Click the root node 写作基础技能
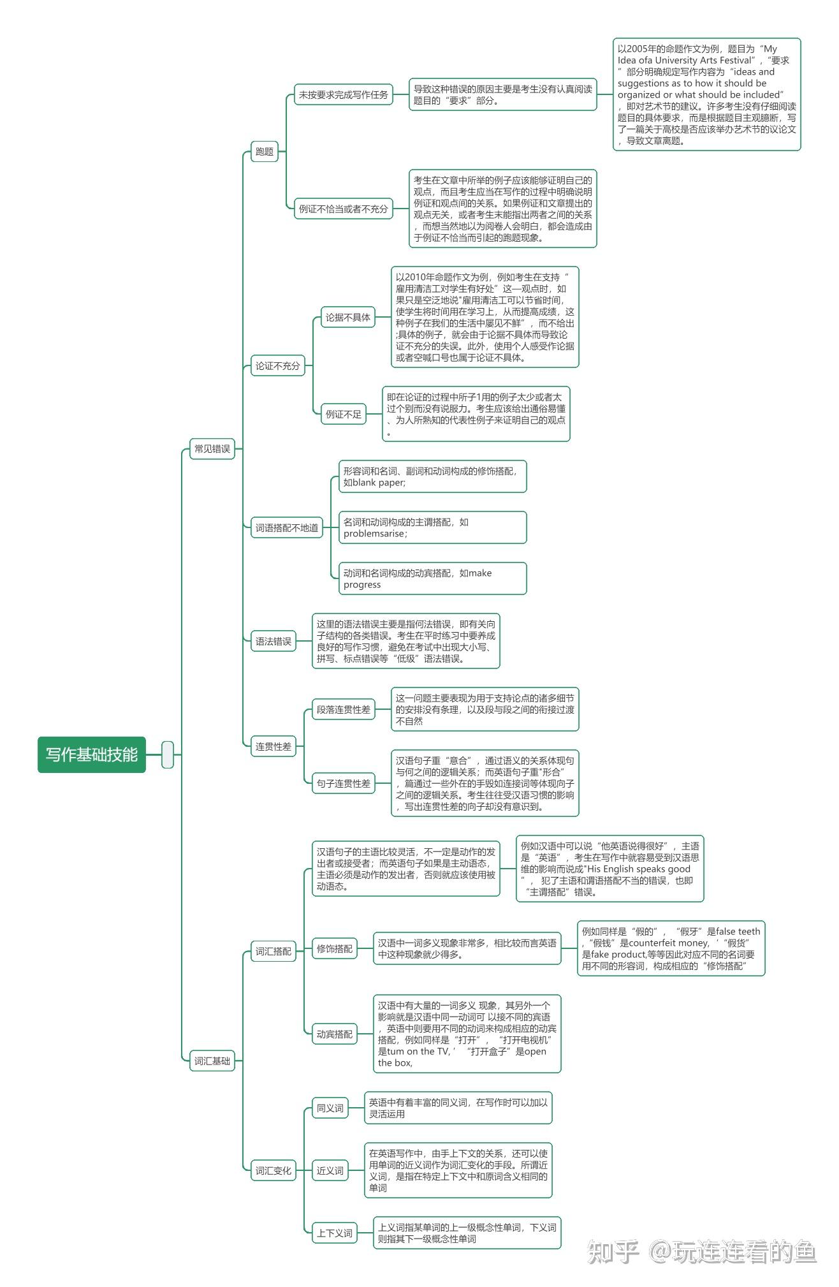[x=92, y=754]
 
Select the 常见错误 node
[x=212, y=449]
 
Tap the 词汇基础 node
[x=212, y=1061]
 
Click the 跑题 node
[x=265, y=151]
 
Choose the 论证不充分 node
[x=277, y=365]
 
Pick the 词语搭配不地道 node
[x=287, y=527]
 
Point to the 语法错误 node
[x=274, y=641]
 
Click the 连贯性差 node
[x=274, y=746]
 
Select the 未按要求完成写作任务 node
[x=344, y=95]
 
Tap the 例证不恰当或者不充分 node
[x=344, y=209]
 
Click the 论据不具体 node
[x=348, y=317]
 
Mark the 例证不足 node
[x=344, y=414]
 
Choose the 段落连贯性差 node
[x=344, y=709]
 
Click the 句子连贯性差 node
[x=344, y=783]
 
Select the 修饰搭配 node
[x=335, y=948]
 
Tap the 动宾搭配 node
[x=335, y=1034]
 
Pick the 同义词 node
[x=330, y=1108]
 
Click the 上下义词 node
[x=335, y=1233]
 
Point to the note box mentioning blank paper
[x=433, y=476]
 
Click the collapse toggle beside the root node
[x=168, y=754]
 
